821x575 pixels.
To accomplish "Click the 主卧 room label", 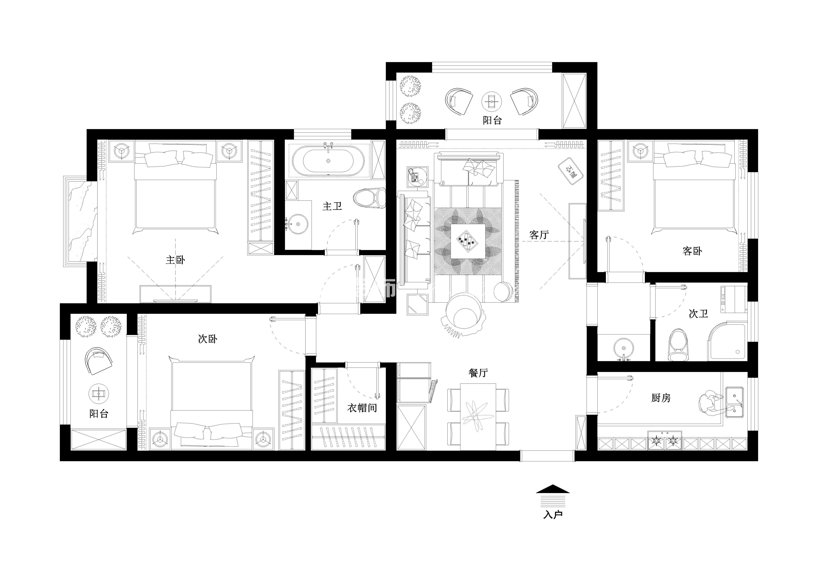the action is [x=175, y=260].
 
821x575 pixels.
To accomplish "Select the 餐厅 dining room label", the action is [x=478, y=373].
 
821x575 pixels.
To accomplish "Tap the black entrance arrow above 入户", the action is [x=553, y=489].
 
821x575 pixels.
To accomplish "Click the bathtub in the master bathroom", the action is [x=328, y=161].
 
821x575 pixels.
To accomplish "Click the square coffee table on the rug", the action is [x=468, y=241].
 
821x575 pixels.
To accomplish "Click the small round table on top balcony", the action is [x=492, y=102].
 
